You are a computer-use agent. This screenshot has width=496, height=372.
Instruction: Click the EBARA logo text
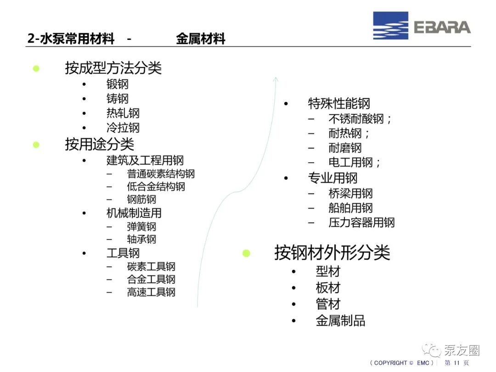click(x=442, y=27)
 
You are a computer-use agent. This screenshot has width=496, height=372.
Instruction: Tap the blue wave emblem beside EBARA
click(x=390, y=26)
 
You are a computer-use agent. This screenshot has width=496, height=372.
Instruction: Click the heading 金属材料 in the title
click(x=201, y=39)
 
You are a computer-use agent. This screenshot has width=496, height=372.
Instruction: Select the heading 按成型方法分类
click(x=113, y=68)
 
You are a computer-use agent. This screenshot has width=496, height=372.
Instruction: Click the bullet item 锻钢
click(x=118, y=84)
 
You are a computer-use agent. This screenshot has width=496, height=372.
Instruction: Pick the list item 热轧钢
click(x=123, y=113)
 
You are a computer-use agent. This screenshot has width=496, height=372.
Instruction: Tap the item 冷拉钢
click(x=123, y=128)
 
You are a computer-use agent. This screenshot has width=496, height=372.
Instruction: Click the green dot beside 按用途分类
click(x=36, y=145)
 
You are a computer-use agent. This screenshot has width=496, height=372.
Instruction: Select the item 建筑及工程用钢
click(x=145, y=160)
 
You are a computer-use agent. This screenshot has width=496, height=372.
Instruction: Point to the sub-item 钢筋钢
click(x=141, y=200)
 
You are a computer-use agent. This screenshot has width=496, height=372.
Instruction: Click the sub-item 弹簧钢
click(x=141, y=226)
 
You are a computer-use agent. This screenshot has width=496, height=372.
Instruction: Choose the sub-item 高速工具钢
click(x=151, y=292)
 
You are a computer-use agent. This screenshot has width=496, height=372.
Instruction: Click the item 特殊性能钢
click(x=339, y=103)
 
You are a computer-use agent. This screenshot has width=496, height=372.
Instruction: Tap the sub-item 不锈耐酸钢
click(x=356, y=119)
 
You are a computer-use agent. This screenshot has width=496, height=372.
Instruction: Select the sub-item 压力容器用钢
click(x=361, y=222)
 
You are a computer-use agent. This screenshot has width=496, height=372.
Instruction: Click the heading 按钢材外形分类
click(x=332, y=253)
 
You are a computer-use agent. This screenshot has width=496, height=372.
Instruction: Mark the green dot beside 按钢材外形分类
click(x=247, y=253)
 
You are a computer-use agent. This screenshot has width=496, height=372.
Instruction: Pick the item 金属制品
click(x=340, y=321)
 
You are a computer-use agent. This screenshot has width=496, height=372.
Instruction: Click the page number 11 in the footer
click(x=457, y=363)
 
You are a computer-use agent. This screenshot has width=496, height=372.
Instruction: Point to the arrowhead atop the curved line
click(x=276, y=79)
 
